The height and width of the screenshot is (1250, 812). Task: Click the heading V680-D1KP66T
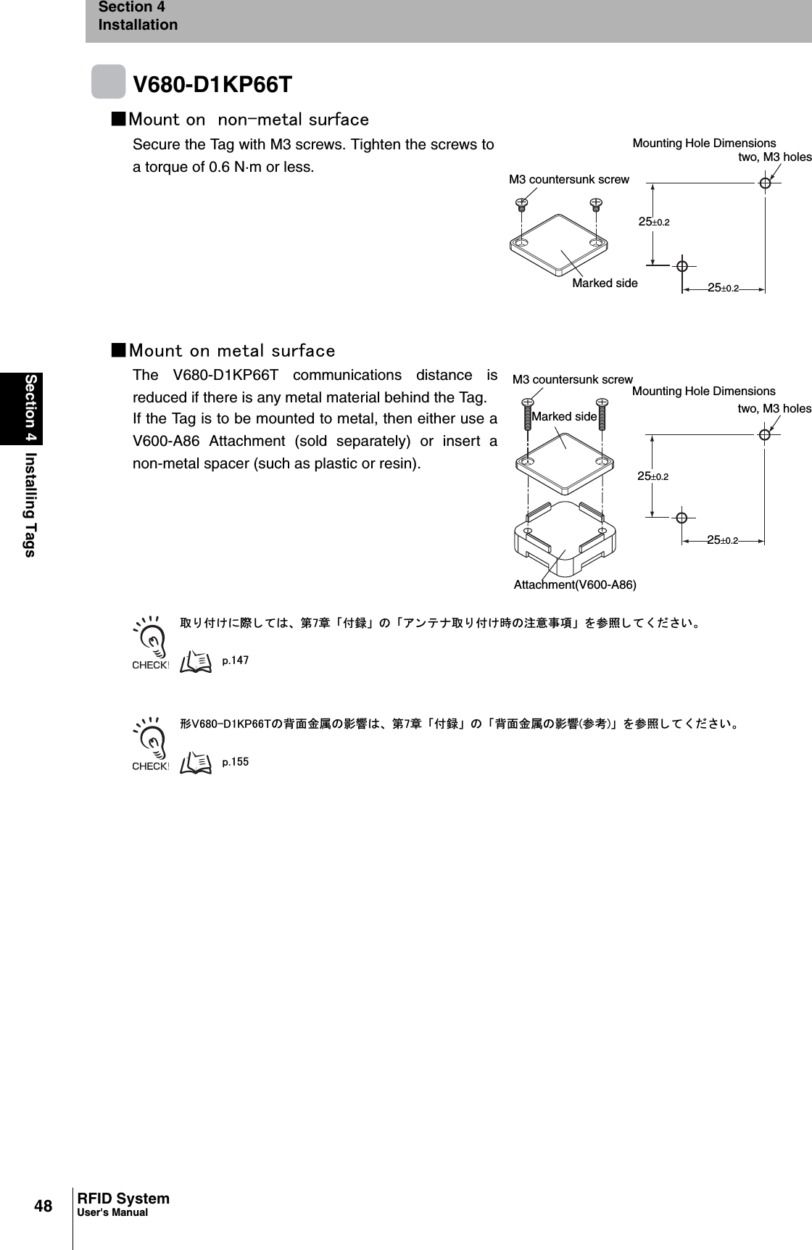click(212, 85)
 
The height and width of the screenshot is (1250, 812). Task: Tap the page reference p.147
click(235, 661)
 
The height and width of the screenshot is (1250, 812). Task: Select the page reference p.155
click(235, 762)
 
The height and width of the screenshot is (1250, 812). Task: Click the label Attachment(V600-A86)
click(575, 585)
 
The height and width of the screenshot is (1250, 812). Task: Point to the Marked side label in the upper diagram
click(605, 283)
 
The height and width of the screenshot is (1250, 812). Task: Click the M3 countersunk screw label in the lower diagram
click(572, 380)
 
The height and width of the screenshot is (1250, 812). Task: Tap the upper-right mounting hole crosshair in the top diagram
click(765, 183)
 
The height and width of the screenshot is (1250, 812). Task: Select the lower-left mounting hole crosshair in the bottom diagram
click(681, 517)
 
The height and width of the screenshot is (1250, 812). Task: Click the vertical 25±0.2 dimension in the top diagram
click(653, 222)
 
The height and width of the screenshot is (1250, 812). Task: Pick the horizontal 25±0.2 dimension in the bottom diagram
click(723, 540)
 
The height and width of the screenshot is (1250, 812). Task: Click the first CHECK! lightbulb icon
click(151, 641)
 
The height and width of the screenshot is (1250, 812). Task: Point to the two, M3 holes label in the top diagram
click(774, 157)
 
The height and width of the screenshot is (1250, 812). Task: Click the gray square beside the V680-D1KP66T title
click(108, 81)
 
